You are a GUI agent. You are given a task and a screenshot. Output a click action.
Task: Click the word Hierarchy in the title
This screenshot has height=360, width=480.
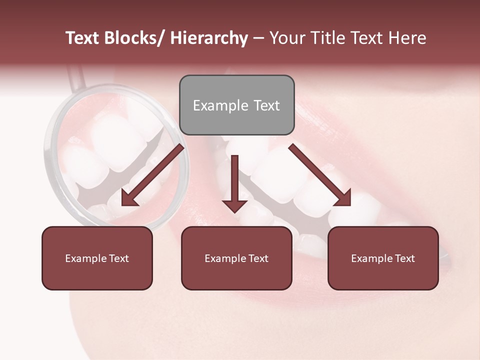coord(209,38)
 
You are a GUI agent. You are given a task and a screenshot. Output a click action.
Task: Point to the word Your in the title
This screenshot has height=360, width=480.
coord(288,38)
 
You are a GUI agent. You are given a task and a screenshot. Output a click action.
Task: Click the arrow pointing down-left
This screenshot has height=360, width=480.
coord(152,175)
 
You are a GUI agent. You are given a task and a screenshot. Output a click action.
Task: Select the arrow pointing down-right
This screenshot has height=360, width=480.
coord(320,175)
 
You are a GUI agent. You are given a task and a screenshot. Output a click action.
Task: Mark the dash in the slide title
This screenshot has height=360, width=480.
coord(258,38)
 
